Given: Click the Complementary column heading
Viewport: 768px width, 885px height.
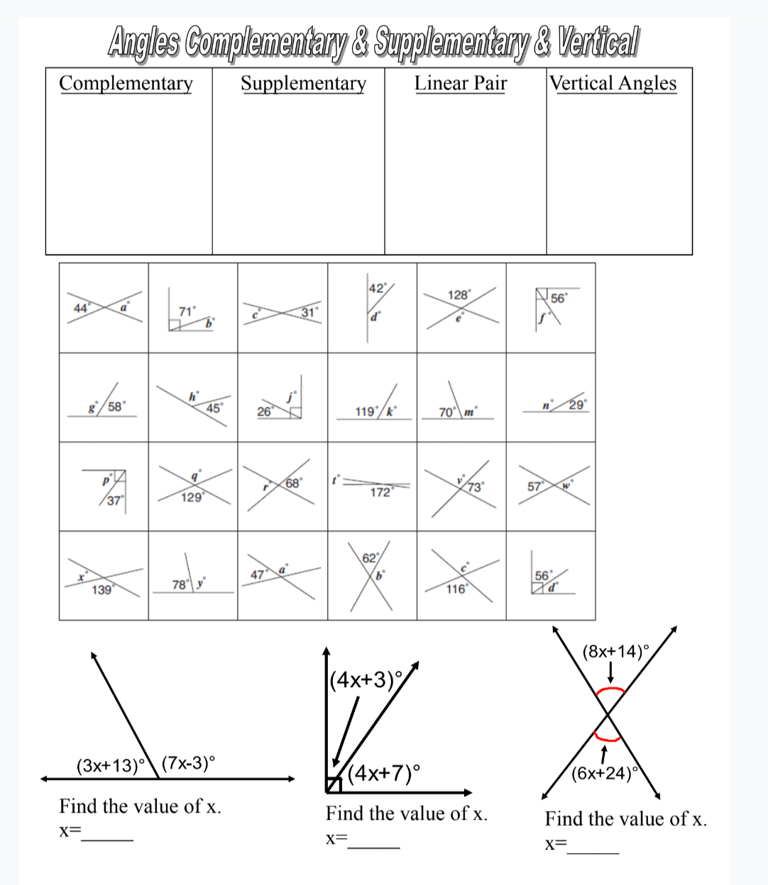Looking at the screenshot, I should pos(126,84).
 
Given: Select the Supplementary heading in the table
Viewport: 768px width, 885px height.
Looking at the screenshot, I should pos(303,84).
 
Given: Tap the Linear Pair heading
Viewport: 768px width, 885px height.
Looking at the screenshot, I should pos(461,84).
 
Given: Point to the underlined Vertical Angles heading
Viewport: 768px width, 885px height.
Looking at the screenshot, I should pos(613,84).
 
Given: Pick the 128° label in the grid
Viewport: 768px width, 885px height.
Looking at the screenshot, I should pos(458,295).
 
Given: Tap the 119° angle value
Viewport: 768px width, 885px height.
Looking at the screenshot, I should pos(366,411).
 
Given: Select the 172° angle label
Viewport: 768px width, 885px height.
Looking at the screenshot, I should pos(381,492).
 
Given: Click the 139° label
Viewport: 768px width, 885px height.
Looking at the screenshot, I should pos(102,589).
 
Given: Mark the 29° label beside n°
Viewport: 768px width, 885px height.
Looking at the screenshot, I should pos(577,405).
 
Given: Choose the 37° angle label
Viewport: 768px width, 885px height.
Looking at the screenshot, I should pos(114,501).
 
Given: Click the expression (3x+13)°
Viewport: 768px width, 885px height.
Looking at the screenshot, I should pos(110,766).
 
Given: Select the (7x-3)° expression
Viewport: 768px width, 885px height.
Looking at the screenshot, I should pos(189,764).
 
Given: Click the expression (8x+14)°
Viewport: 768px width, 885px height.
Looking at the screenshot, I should pos(615,651).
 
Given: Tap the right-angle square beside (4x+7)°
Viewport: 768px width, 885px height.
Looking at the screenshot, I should pos(334,784).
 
